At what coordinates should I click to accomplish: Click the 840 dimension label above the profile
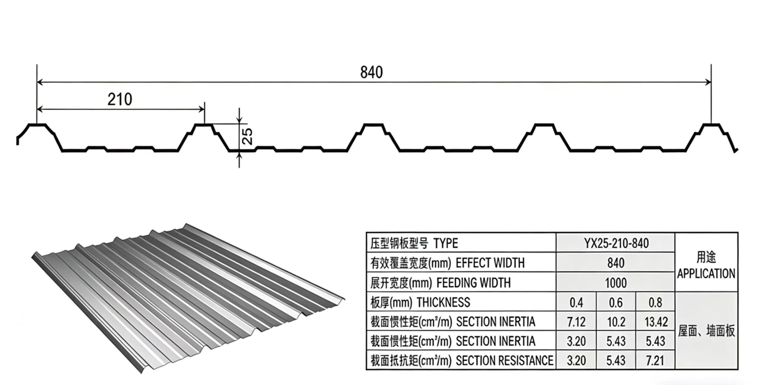tap(371, 72)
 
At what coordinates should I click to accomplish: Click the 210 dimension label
tap(120, 99)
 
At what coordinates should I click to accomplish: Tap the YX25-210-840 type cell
tap(616, 243)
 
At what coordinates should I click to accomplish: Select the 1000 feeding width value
tap(616, 283)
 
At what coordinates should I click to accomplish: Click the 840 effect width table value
tap(616, 263)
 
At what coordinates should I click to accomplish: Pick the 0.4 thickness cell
tap(576, 303)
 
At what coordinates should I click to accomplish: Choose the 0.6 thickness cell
tap(616, 303)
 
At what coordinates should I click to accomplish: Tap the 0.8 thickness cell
tap(655, 303)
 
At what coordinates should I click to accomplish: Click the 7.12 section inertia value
tap(576, 322)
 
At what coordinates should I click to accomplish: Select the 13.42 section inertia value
tap(656, 322)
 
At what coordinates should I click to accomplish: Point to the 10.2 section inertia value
tap(616, 322)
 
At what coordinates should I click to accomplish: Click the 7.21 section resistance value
tap(655, 361)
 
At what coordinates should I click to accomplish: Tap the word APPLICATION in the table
tap(706, 274)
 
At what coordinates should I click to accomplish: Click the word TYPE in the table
tap(446, 243)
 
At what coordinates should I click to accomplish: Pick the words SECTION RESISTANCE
tap(504, 361)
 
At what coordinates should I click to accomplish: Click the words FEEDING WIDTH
tap(473, 283)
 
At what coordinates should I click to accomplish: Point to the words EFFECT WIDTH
tap(490, 263)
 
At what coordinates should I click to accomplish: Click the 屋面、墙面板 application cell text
tap(706, 331)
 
